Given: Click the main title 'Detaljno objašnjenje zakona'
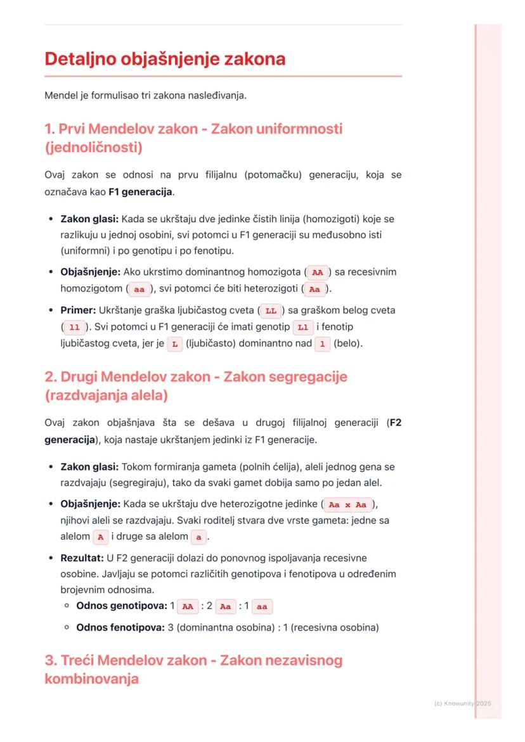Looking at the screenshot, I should [x=165, y=60].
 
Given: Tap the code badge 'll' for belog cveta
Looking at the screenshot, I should [x=73, y=327].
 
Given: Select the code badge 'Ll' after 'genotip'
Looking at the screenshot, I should [x=302, y=327].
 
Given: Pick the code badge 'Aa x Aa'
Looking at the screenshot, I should [x=347, y=505].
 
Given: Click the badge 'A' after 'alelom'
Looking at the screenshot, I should [x=100, y=537].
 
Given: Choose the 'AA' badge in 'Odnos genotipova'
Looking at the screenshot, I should [x=186, y=606].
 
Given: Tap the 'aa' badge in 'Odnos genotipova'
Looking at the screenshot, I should [x=262, y=606].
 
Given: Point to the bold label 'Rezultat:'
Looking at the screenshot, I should [x=79, y=558].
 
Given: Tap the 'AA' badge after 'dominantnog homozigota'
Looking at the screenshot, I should [x=318, y=272].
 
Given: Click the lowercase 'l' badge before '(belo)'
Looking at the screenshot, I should [x=322, y=343].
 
